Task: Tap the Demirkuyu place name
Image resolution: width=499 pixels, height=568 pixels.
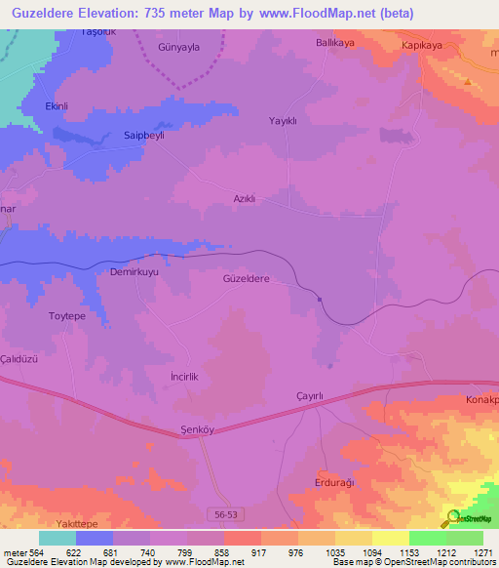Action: pos(134,273)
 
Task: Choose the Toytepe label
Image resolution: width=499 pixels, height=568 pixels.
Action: pos(68,316)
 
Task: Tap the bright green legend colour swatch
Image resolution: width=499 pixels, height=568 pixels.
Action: pos(427,538)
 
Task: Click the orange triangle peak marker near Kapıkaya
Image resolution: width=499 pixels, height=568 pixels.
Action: pos(468,82)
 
